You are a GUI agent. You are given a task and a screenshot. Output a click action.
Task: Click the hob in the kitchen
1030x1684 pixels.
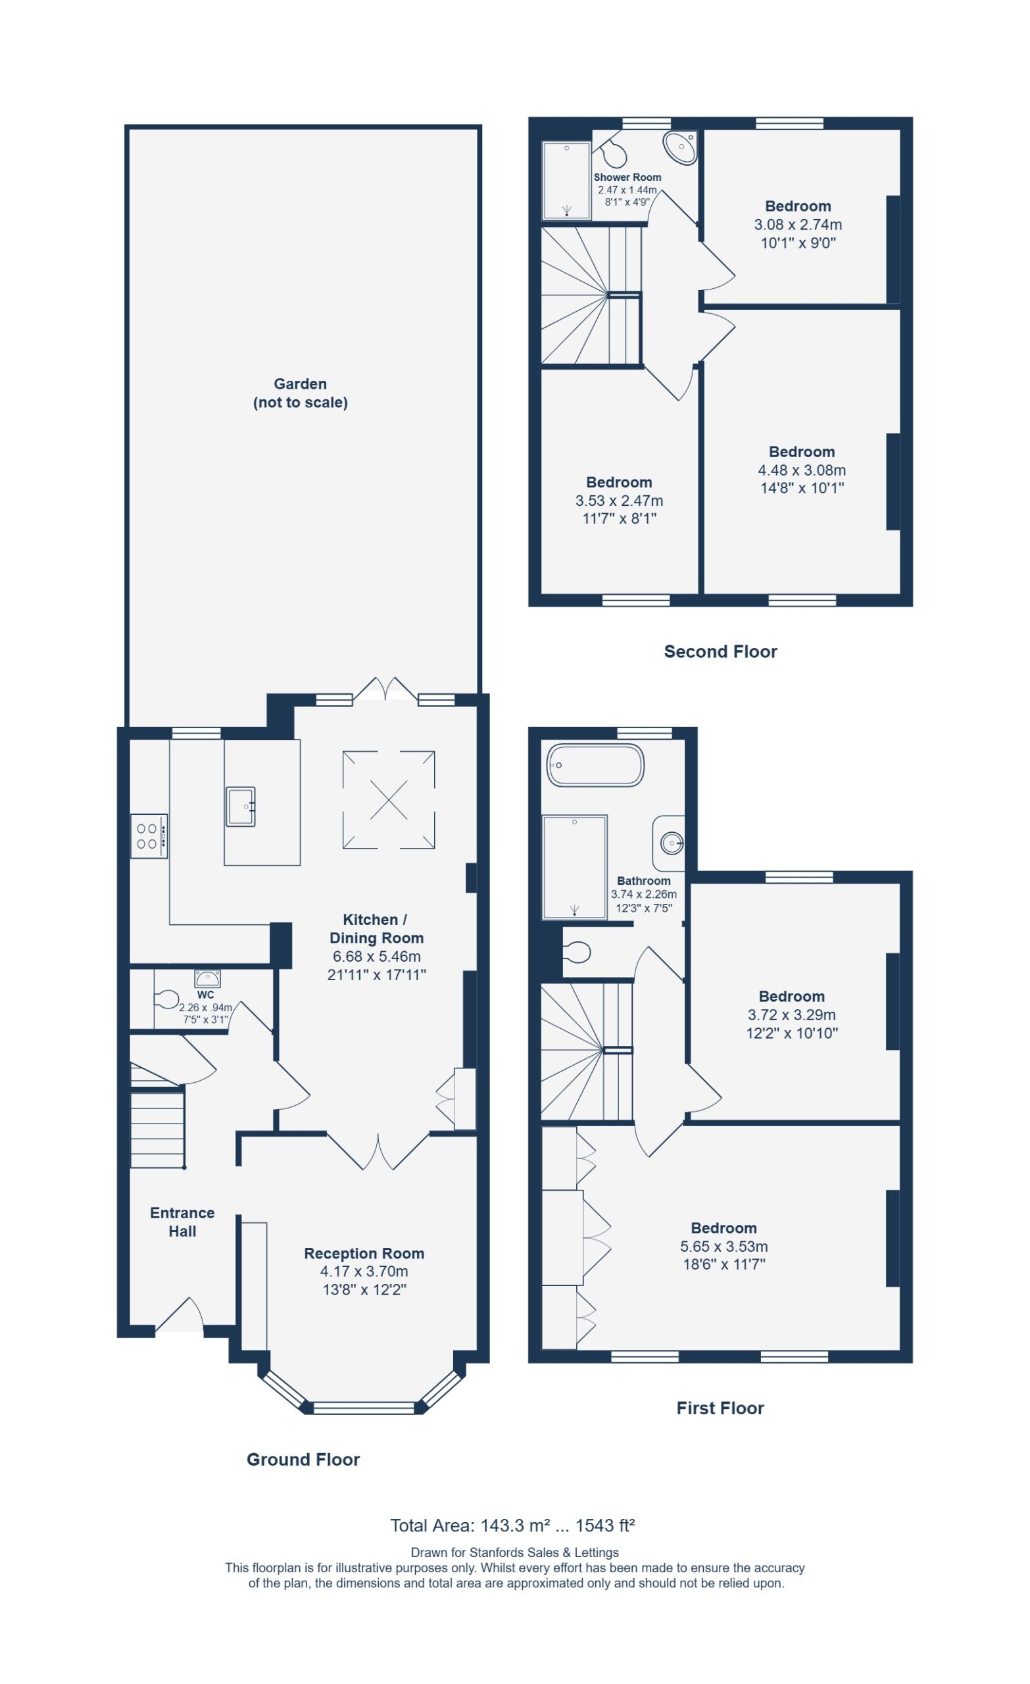149,836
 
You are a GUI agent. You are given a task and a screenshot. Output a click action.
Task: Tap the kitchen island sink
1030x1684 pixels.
241,806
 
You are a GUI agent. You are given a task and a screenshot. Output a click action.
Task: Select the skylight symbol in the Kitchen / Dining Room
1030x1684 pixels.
388,800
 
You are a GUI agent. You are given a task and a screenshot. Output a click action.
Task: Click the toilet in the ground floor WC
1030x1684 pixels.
167,1001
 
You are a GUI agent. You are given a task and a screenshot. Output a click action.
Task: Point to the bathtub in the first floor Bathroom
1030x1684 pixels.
595,765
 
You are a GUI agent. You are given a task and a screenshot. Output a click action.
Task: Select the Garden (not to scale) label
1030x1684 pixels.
300,393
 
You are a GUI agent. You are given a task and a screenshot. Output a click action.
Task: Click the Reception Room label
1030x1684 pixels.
364,1253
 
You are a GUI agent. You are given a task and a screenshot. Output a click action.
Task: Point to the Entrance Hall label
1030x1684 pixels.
182,1222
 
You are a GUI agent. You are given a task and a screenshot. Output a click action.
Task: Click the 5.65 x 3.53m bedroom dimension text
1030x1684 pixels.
723,1247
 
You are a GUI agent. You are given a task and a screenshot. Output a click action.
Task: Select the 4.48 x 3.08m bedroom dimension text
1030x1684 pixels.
802,470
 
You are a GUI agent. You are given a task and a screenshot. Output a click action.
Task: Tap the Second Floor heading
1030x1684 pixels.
720,651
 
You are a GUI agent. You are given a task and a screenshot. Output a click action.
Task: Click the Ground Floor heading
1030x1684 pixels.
303,1459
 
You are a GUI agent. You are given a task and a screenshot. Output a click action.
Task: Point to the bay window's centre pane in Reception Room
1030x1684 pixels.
364,1407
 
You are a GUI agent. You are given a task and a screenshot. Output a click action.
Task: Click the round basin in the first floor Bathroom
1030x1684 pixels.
671,843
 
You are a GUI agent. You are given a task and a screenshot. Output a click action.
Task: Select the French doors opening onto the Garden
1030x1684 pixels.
385,689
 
